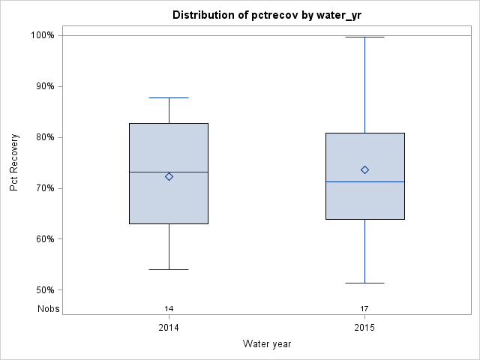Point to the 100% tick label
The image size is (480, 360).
pyautogui.click(x=42, y=35)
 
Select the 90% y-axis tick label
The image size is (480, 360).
pyautogui.click(x=44, y=86)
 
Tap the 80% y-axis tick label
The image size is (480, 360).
pyautogui.click(x=44, y=137)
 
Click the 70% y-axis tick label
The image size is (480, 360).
pyautogui.click(x=44, y=188)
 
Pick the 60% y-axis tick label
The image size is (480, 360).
pyautogui.click(x=44, y=239)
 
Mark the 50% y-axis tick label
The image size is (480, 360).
pyautogui.click(x=44, y=290)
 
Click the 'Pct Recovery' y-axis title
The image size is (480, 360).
pyautogui.click(x=14, y=163)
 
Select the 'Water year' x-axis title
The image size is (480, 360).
pyautogui.click(x=267, y=343)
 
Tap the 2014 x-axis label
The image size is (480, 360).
pyautogui.click(x=169, y=328)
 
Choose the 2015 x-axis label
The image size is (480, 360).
pyautogui.click(x=364, y=328)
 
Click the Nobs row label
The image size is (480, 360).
pyautogui.click(x=48, y=308)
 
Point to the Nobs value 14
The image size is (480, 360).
pyautogui.click(x=169, y=308)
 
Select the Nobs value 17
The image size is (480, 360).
pyautogui.click(x=364, y=308)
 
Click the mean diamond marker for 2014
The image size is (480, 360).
pyautogui.click(x=169, y=177)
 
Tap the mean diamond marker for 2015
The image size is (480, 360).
pyautogui.click(x=364, y=169)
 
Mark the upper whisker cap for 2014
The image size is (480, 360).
pyautogui.click(x=169, y=97)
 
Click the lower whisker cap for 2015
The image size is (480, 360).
pyautogui.click(x=364, y=283)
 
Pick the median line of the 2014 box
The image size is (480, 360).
pyautogui.click(x=150, y=172)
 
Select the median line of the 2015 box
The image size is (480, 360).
pyautogui.click(x=346, y=181)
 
